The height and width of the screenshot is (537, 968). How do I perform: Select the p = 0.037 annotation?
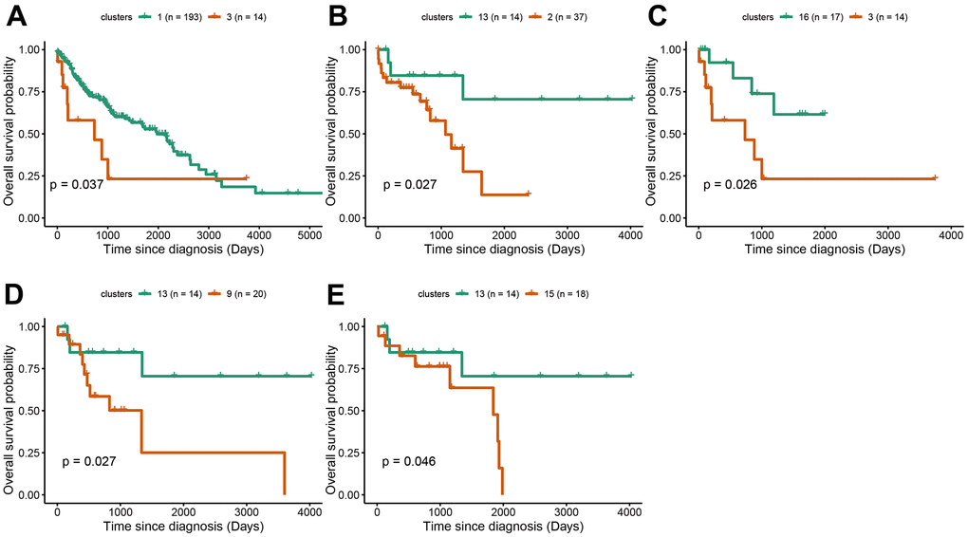click(76, 184)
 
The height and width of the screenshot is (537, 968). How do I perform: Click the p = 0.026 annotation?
click(730, 184)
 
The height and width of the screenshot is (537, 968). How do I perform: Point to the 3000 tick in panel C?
click(887, 234)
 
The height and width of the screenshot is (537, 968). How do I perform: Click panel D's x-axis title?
click(183, 526)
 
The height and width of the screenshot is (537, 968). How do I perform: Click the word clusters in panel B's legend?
click(429, 16)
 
